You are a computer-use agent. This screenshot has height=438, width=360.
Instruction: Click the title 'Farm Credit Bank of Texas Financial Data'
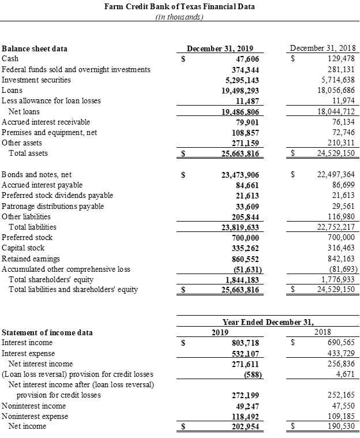179,7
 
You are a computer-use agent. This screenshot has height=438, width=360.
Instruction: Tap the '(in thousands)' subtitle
179,17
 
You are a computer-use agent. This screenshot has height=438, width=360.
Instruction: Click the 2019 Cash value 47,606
247,59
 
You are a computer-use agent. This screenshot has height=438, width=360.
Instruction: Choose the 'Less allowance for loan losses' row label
51,101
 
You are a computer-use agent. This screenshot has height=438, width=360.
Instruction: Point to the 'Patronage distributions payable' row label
53,206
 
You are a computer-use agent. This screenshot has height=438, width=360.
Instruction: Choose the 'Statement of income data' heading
47,332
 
